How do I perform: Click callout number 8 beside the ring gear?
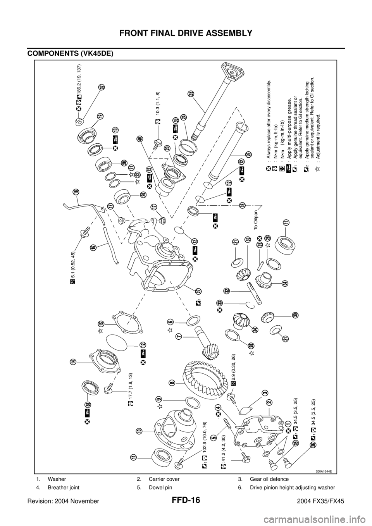(x=172, y=382)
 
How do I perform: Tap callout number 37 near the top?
(x=102, y=88)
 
